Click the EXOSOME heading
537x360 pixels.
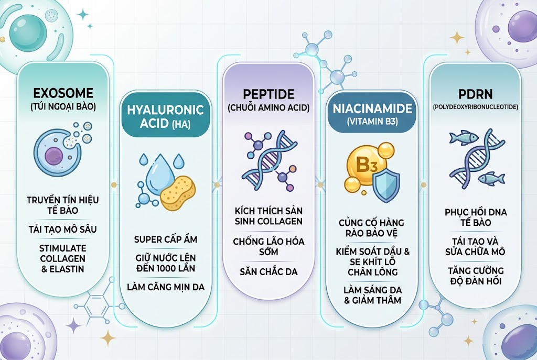coord(63,93)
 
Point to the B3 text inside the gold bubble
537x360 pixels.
coord(367,165)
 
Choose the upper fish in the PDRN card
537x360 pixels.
coord(464,137)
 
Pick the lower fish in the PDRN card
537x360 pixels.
coord(491,178)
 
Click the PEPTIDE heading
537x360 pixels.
coord(268,94)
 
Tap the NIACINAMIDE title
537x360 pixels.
coord(372,108)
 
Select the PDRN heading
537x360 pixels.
coord(475,94)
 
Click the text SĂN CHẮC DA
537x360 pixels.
coord(268,272)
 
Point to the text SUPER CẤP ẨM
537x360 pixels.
coord(166,239)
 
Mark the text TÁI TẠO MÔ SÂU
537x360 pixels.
coord(63,229)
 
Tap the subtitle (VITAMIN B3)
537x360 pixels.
coord(372,122)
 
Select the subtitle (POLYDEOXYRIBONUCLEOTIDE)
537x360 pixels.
coord(475,107)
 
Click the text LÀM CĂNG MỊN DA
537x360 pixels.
coord(166,287)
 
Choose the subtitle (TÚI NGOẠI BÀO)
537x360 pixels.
coord(63,107)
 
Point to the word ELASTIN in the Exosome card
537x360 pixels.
coord(67,269)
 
